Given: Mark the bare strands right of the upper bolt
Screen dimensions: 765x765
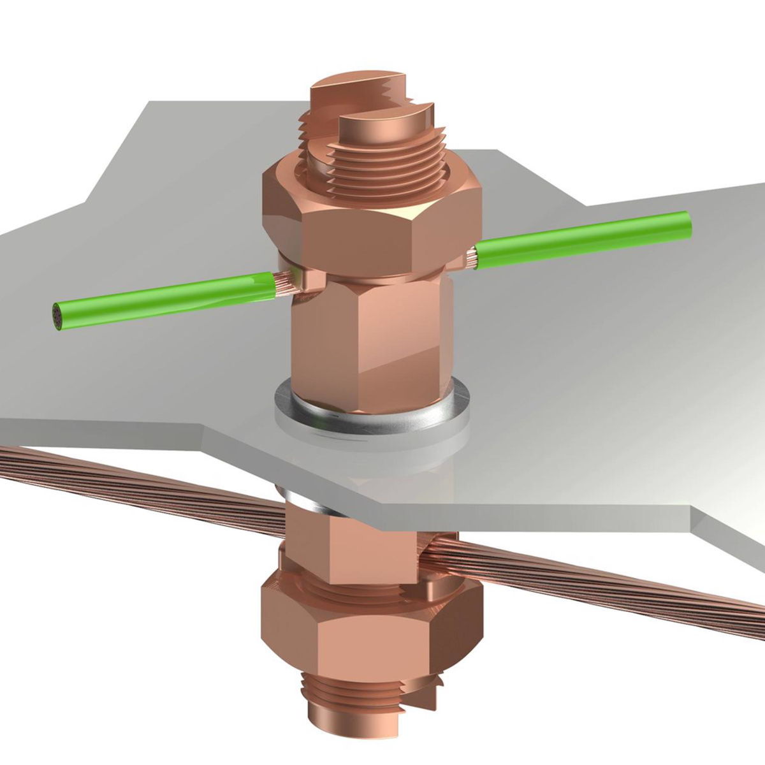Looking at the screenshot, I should point(472,259).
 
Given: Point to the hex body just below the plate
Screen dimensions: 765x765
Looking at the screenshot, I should point(347,535).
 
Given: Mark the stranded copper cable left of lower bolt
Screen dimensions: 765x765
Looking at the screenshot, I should point(127,484).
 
